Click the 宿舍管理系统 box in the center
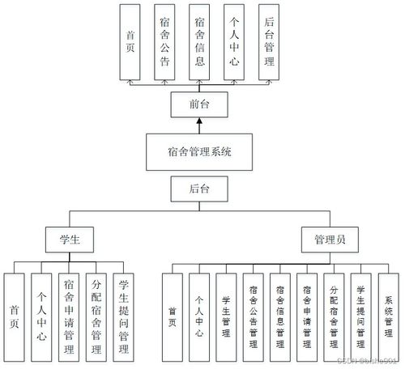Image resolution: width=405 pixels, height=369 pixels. pyautogui.click(x=199, y=151)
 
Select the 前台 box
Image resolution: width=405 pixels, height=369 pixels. pyautogui.click(x=199, y=104)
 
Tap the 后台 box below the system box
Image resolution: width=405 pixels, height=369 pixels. pyautogui.click(x=199, y=189)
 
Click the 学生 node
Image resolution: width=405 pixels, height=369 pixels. pyautogui.click(x=70, y=240)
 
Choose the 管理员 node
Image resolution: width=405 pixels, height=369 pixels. pyautogui.click(x=330, y=240)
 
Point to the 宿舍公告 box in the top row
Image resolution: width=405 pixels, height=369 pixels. pyautogui.click(x=165, y=41)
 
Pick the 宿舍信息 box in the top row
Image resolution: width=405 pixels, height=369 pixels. pyautogui.click(x=200, y=41)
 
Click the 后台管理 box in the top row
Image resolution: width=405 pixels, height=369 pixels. pyautogui.click(x=269, y=41)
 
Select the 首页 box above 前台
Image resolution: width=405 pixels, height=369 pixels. pyautogui.click(x=130, y=41)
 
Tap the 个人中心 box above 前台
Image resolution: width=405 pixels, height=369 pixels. pyautogui.click(x=235, y=41)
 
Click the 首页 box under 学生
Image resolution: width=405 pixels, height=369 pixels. pyautogui.click(x=15, y=316)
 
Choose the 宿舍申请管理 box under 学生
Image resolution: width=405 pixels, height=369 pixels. pyautogui.click(x=69, y=316)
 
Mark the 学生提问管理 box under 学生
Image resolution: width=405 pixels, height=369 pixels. pyautogui.click(x=123, y=316)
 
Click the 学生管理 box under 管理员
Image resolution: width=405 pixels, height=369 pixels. pyautogui.click(x=227, y=316)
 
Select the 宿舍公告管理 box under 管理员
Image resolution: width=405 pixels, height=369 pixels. pyautogui.click(x=254, y=316)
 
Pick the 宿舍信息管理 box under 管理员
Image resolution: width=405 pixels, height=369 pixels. pyautogui.click(x=280, y=316)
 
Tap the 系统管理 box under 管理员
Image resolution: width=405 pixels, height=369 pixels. pyautogui.click(x=389, y=316)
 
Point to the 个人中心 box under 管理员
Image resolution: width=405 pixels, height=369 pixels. pyautogui.click(x=199, y=316)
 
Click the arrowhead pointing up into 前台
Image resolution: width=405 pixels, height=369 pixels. pyautogui.click(x=199, y=121)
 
